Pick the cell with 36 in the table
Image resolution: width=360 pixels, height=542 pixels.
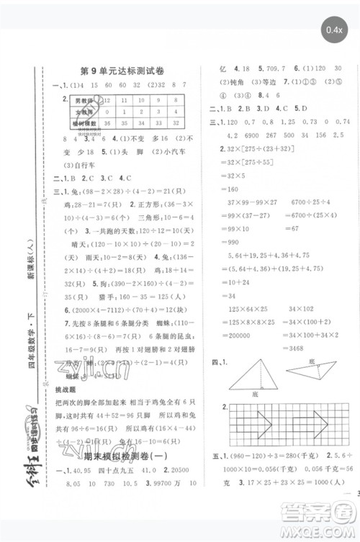[108, 124]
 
